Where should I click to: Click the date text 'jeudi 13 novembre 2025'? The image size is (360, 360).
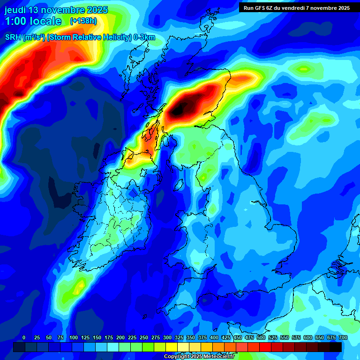coord(56,10)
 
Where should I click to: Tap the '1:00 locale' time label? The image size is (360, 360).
coord(33,21)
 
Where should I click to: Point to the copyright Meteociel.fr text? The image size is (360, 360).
coord(199,357)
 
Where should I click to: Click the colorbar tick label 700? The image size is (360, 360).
coord(343,337)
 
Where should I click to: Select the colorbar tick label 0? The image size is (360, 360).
coord(24,337)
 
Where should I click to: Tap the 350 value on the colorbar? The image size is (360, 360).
coord(190,337)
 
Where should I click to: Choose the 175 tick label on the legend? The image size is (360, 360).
coord(109,337)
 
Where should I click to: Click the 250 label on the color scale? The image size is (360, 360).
coord(144,337)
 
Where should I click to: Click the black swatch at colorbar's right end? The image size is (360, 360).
coord(335,347)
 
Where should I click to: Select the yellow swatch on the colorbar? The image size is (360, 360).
coord(171,347)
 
